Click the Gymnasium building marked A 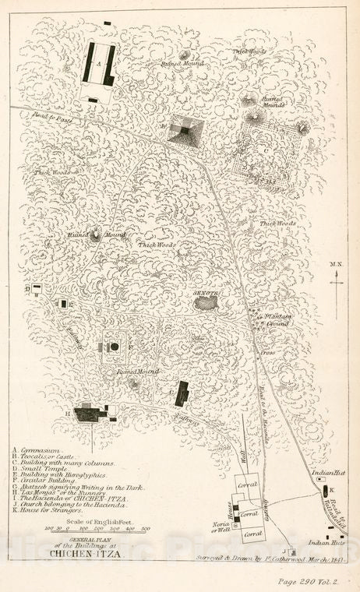pos(100,65)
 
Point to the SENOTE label pos(206,293)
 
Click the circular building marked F pos(115,346)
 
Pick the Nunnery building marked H pos(92,413)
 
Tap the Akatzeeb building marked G pos(182,393)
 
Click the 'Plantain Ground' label pos(277,320)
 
